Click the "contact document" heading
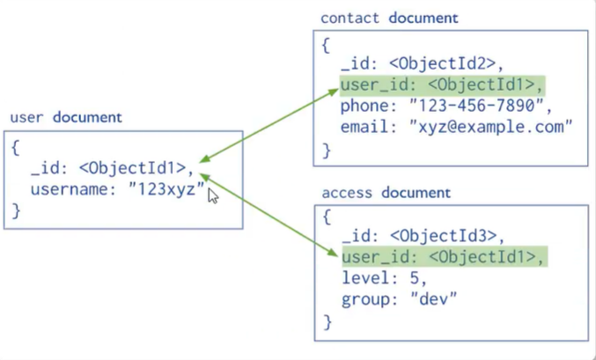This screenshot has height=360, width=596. [389, 18]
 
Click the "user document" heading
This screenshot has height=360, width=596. [66, 117]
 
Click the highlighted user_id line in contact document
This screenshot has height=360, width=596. [443, 84]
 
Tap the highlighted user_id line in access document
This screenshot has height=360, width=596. [443, 257]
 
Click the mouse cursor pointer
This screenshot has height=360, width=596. [213, 195]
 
